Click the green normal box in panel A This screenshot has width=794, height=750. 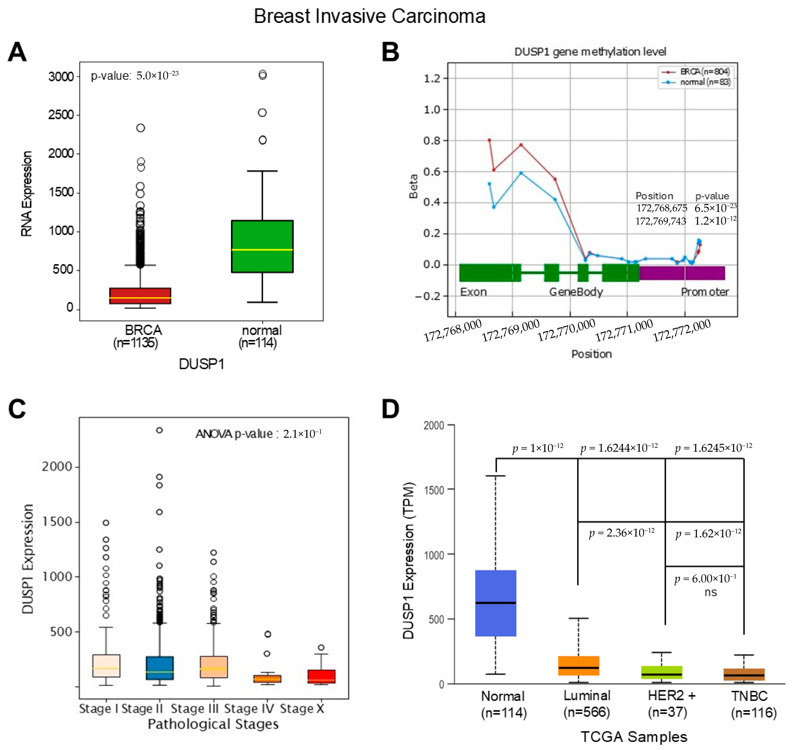tap(262, 246)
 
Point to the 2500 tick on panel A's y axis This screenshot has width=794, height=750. tap(61, 115)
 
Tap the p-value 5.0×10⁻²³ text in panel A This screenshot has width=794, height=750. tap(135, 76)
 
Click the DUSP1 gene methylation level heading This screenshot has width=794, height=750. tap(590, 52)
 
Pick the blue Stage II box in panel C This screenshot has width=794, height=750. tap(160, 668)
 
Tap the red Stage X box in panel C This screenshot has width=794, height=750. tap(321, 676)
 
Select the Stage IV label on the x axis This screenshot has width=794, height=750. tap(249, 709)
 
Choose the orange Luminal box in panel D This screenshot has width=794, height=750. tap(578, 666)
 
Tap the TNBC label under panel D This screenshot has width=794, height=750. tap(749, 696)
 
